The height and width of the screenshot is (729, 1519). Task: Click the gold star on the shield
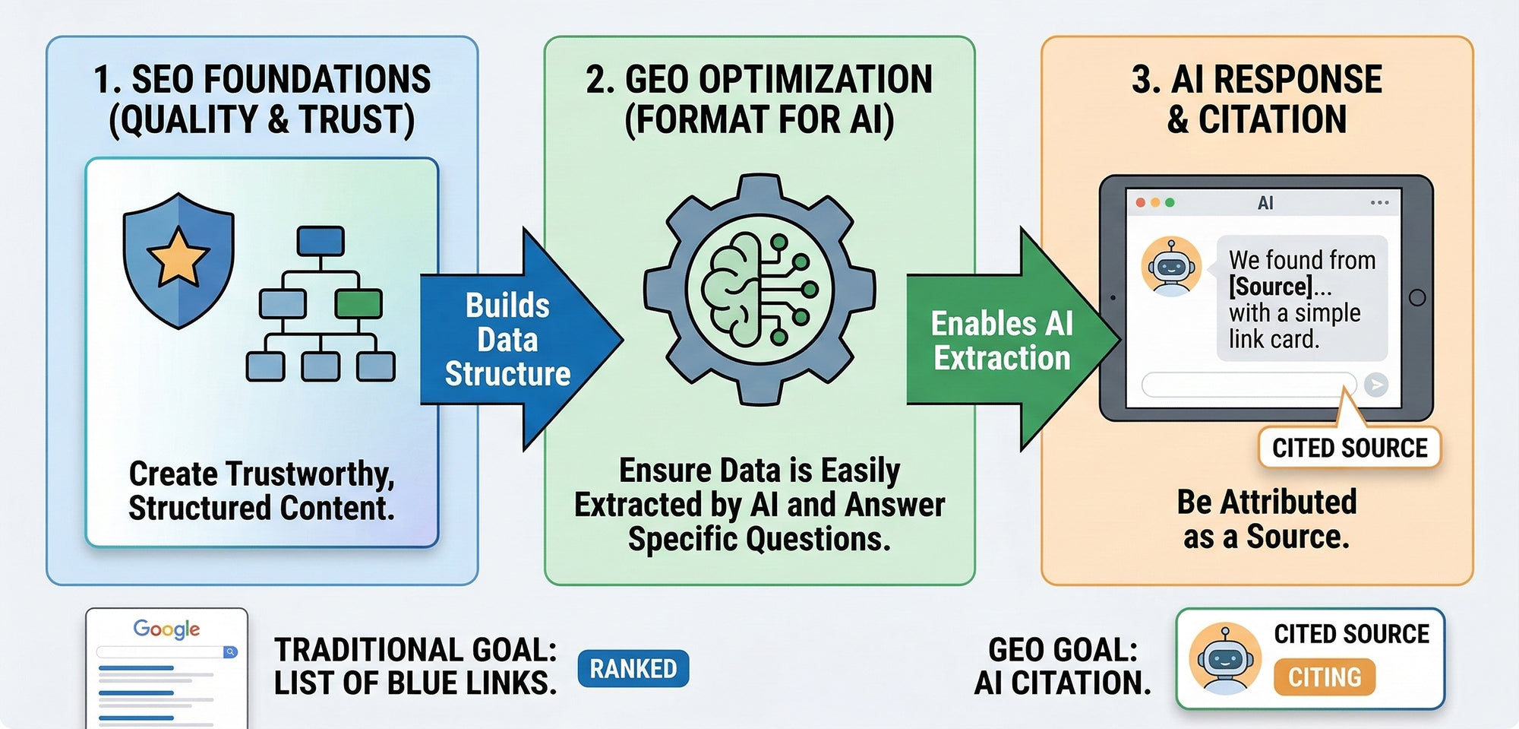178,257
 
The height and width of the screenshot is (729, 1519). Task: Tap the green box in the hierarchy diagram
358,303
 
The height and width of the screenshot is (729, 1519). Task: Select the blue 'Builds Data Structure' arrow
522,340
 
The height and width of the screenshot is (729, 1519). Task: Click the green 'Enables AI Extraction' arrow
1013,340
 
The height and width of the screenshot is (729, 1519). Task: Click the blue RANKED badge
633,669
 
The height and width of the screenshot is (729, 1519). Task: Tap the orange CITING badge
1325,677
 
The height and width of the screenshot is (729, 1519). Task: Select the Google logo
166,629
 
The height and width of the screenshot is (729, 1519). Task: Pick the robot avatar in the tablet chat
1171,266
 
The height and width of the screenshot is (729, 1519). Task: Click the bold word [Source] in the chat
1271,287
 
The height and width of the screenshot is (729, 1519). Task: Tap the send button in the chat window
1375,385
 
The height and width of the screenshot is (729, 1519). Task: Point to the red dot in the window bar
1141,203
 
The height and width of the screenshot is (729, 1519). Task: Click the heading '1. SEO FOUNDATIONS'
262,79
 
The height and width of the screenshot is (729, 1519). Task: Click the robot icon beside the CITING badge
1225,658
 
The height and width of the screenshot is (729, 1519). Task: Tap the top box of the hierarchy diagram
321,241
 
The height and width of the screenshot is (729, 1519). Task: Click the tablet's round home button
1416,297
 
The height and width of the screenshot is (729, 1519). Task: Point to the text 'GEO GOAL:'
1063,650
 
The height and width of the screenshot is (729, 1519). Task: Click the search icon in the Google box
230,652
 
